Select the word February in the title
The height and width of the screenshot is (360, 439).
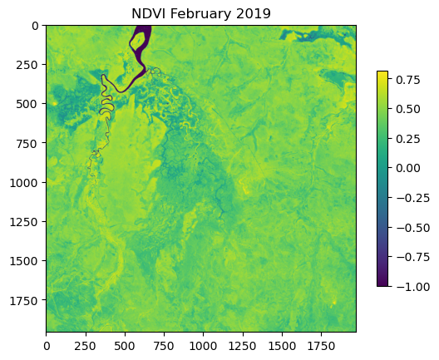click(x=200, y=14)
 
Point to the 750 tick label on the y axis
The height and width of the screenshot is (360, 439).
click(x=27, y=143)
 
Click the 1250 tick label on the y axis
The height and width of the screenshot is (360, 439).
click(x=24, y=222)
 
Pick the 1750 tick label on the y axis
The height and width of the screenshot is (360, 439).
click(x=24, y=301)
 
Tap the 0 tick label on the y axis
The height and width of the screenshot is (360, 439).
click(x=35, y=26)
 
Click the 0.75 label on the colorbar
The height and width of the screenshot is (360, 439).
click(x=408, y=80)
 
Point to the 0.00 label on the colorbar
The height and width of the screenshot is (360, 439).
click(x=408, y=168)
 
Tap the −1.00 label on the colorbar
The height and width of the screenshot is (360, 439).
click(x=412, y=286)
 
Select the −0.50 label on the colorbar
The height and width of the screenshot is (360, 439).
click(x=412, y=228)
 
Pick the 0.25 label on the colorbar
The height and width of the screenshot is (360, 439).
click(x=408, y=139)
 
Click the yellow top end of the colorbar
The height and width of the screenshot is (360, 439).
click(x=382, y=72)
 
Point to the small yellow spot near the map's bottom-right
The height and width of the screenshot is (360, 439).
click(x=334, y=303)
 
